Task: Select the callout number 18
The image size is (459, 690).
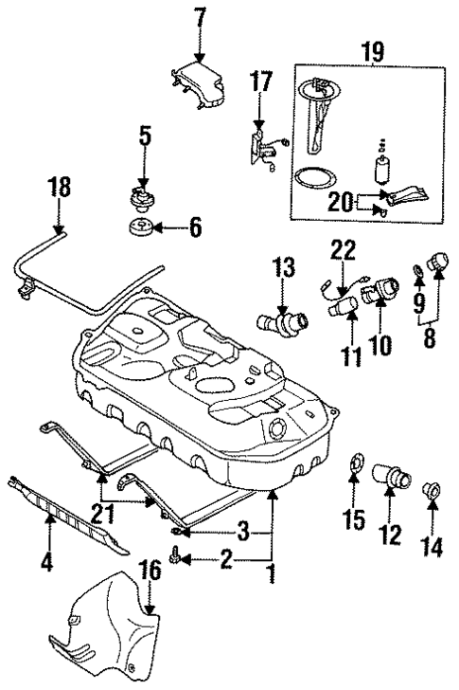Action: (x=59, y=188)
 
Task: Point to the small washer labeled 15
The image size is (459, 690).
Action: (x=354, y=466)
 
